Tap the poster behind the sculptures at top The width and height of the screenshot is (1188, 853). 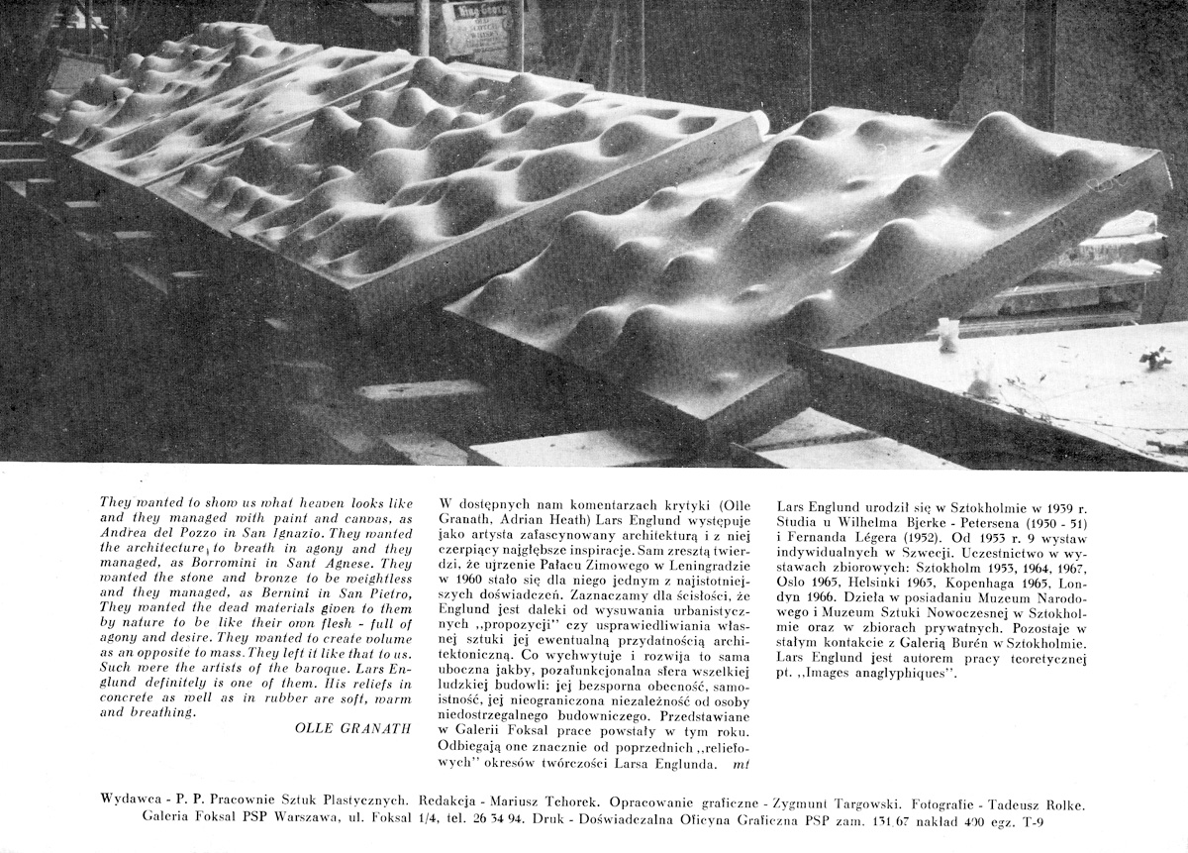(478, 33)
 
